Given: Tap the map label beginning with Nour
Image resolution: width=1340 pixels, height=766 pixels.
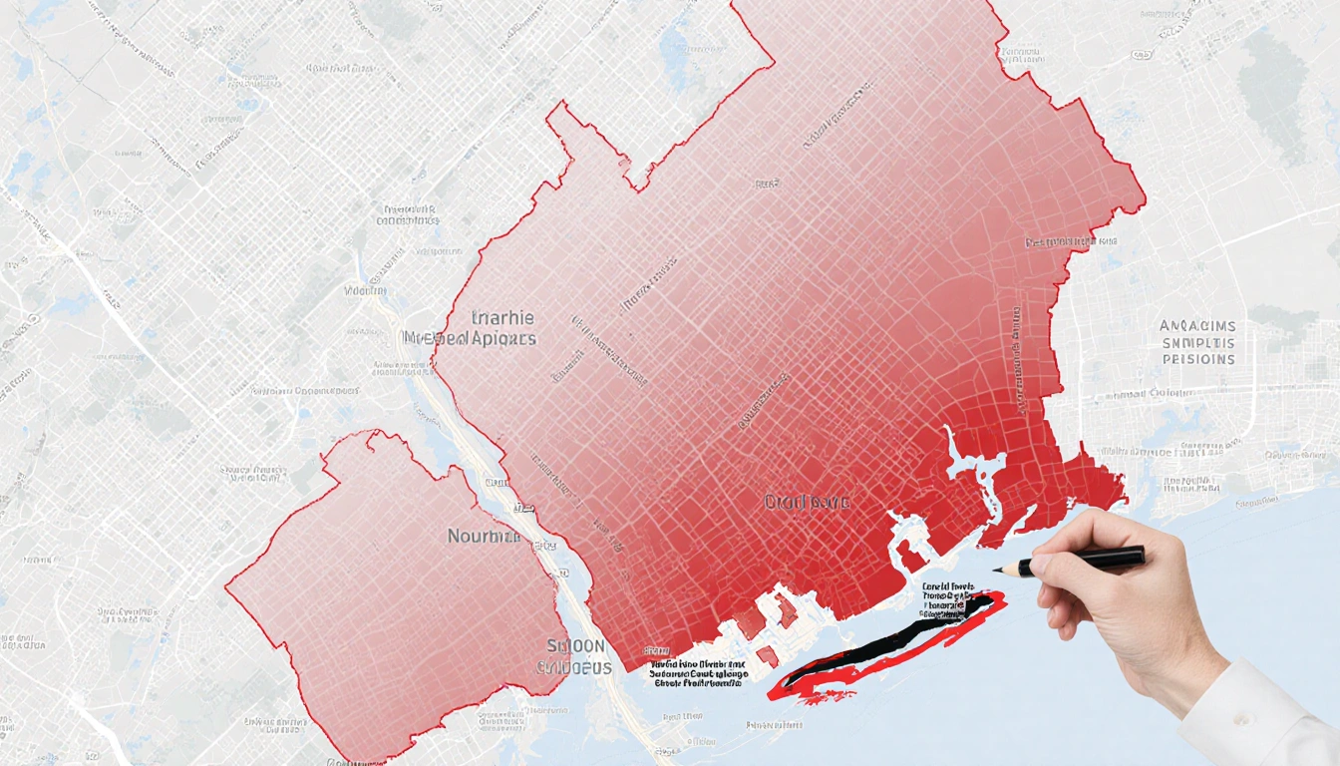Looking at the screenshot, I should pyautogui.click(x=484, y=537).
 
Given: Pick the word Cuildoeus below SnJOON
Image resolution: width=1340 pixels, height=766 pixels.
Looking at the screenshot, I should pyautogui.click(x=574, y=667).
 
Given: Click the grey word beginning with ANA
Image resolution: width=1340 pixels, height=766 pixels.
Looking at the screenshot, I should pyautogui.click(x=1197, y=326).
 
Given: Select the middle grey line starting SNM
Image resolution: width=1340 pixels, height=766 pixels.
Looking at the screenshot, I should pyautogui.click(x=1197, y=342).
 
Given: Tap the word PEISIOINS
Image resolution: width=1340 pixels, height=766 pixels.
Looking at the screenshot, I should pyautogui.click(x=1197, y=359).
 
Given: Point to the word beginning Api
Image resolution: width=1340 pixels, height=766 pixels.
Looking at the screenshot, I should pyautogui.click(x=504, y=338).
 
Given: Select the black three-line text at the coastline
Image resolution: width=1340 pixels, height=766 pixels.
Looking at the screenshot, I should pyautogui.click(x=698, y=674).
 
